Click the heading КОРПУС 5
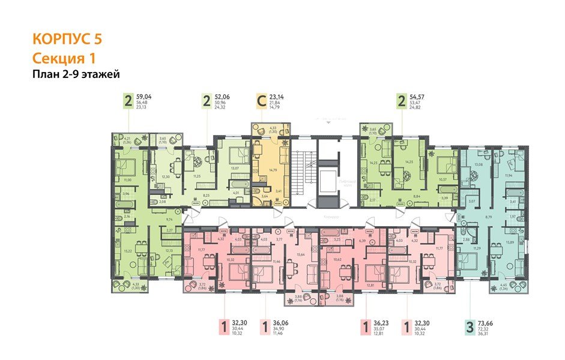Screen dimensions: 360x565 [67, 41]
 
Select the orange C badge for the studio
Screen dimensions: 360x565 [261, 101]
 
